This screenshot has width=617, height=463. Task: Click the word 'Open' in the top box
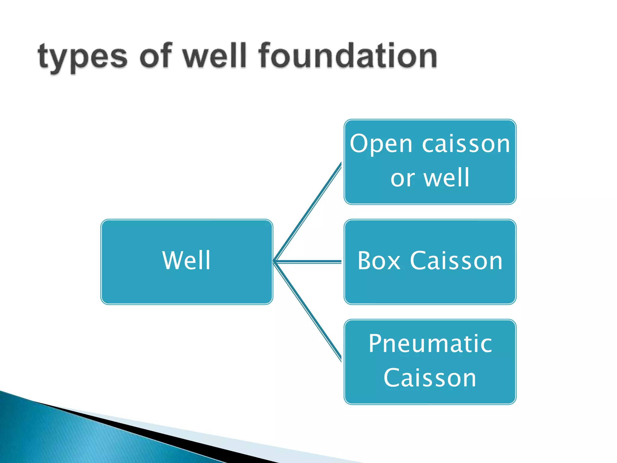(381, 144)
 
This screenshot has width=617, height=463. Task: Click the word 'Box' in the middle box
(379, 261)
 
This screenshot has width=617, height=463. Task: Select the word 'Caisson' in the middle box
(456, 261)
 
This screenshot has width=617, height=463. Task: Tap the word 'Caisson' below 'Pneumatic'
(430, 378)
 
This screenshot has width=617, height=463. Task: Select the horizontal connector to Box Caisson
(307, 262)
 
